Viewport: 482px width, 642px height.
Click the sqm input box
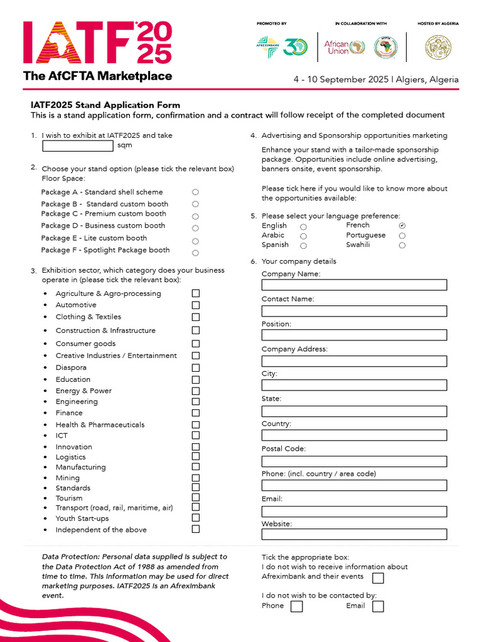point(78,146)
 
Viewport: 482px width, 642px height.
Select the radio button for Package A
point(195,192)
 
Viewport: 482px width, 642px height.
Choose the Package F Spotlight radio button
point(195,253)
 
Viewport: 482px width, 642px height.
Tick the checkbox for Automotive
point(196,305)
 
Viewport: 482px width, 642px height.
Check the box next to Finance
point(196,413)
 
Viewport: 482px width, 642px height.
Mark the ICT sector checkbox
point(196,435)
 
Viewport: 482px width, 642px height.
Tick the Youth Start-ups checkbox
point(196,518)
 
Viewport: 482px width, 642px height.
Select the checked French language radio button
point(402,226)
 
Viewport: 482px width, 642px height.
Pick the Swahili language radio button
point(402,246)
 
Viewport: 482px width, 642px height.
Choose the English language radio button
point(303,226)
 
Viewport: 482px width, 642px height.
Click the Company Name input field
point(354,285)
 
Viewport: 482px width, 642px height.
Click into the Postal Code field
point(354,461)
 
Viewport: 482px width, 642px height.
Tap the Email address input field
point(354,512)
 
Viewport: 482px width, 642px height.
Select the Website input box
point(354,534)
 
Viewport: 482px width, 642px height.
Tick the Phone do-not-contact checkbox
point(297,606)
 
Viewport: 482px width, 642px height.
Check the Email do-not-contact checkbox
point(378,606)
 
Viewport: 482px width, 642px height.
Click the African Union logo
point(345,48)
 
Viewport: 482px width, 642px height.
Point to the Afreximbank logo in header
point(267,47)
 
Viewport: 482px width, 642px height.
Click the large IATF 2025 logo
point(97,43)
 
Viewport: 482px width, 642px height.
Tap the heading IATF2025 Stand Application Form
point(105,105)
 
